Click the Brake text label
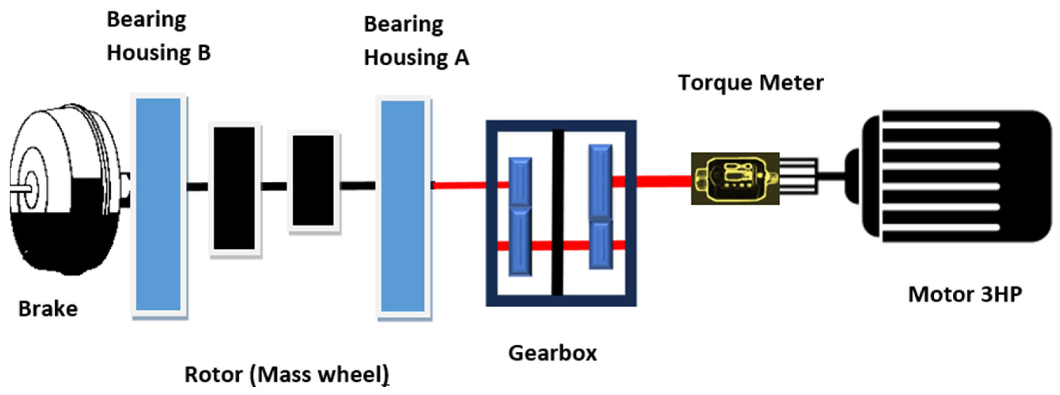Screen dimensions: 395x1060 click(48, 309)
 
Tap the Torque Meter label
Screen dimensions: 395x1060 click(750, 83)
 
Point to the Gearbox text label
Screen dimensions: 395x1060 click(552, 353)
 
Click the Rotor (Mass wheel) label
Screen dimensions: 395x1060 click(286, 375)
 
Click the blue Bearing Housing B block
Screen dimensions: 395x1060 click(158, 205)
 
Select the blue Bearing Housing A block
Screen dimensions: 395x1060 click(403, 206)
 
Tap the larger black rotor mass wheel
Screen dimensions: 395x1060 click(234, 188)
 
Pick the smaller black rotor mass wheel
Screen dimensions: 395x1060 click(313, 180)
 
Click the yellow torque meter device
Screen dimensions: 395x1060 click(735, 178)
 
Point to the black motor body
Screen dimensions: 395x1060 click(955, 176)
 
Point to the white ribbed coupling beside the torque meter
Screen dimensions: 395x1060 click(798, 176)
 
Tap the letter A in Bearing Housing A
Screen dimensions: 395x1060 click(462, 58)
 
